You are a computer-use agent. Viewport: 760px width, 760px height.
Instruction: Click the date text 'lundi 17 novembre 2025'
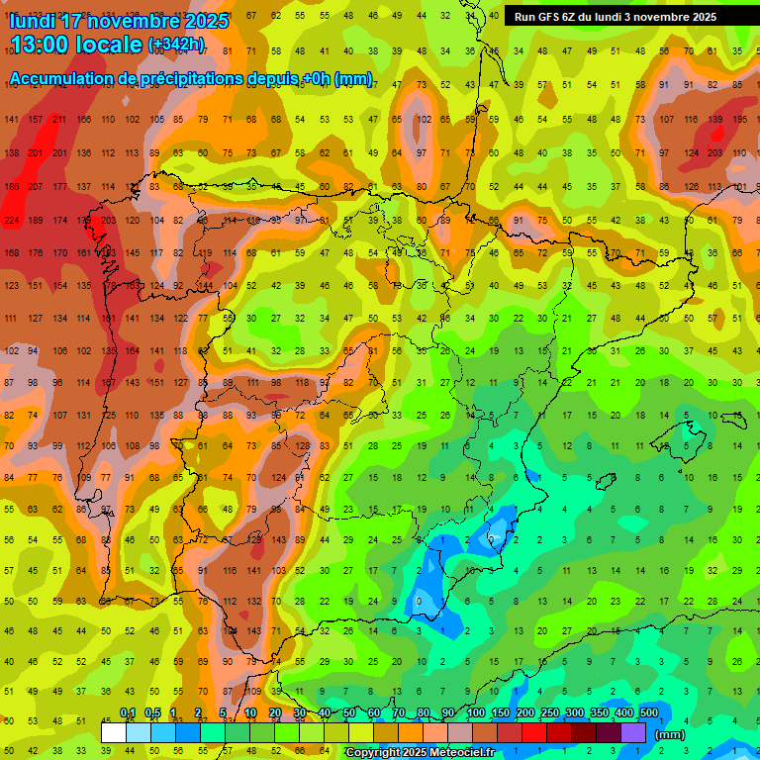(118, 21)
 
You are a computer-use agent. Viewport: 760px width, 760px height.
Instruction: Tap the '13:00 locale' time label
(75, 45)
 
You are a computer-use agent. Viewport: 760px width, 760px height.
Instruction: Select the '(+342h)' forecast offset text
(176, 45)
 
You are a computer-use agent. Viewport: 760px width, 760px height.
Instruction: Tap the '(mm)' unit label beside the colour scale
(670, 734)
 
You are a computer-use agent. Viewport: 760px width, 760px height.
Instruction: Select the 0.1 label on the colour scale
(128, 713)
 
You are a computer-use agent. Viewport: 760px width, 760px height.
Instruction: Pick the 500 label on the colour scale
(649, 713)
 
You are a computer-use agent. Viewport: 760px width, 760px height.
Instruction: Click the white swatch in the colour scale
(114, 733)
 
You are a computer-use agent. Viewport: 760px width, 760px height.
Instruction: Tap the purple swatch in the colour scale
(634, 733)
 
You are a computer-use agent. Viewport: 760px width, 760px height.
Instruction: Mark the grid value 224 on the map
(12, 221)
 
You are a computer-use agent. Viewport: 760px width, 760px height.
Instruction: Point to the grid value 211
(59, 120)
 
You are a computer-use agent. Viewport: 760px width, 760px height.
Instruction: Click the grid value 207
(36, 187)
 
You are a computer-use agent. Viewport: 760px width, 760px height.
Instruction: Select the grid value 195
(740, 120)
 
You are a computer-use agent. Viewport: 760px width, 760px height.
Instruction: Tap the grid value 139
(715, 120)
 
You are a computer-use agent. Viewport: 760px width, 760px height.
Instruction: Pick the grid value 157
(36, 120)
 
